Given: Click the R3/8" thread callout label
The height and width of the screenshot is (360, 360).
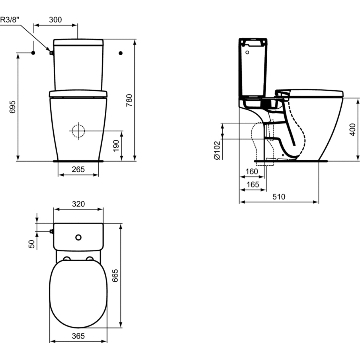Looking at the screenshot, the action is tap(10, 19).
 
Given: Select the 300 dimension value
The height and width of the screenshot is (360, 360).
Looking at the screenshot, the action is tap(55, 19).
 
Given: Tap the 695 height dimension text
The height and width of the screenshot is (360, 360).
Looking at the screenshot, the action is tap(13, 107).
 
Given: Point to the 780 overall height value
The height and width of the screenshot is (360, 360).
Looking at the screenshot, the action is tap(129, 100).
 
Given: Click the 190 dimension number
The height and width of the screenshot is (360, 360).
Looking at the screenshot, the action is tap(116, 146).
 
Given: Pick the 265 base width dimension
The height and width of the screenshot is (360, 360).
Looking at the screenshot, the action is tap(78, 169).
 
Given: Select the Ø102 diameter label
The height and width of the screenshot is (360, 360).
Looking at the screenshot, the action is tap(217, 150).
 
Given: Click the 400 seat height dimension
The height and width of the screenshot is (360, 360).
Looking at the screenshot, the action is tap(352, 130).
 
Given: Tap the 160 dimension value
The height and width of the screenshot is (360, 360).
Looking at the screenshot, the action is tap(252, 172).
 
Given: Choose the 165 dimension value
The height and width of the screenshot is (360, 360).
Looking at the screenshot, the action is tap(253, 184).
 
